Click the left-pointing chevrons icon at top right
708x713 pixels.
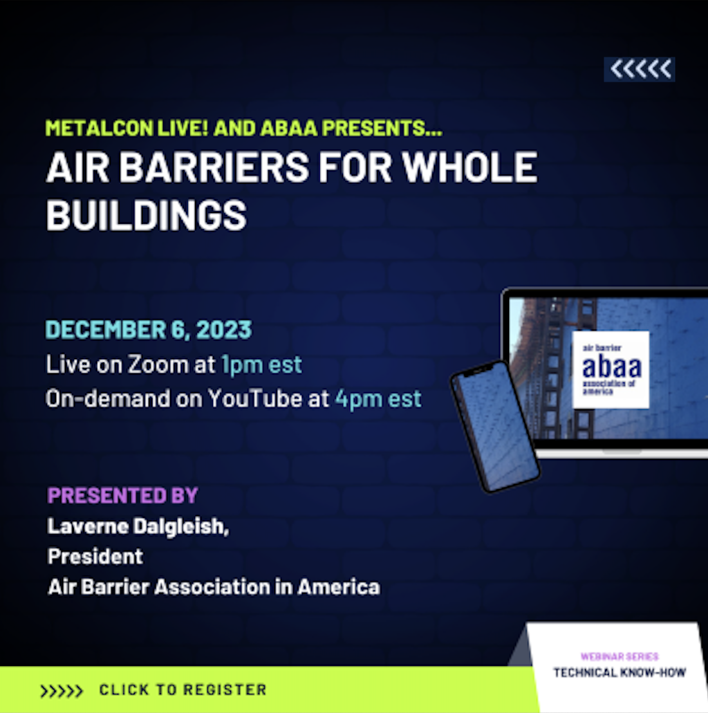(x=639, y=69)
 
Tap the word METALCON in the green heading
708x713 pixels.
(x=99, y=128)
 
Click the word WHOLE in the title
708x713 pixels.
(x=470, y=167)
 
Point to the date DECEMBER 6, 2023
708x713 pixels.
(x=149, y=329)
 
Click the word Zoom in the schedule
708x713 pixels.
(x=158, y=364)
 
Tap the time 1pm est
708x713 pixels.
(x=262, y=365)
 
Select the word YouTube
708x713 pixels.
(x=255, y=398)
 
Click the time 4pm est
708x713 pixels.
(x=378, y=399)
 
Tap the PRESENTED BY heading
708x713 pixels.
(x=123, y=495)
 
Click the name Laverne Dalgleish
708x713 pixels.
(x=138, y=526)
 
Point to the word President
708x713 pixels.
(x=95, y=557)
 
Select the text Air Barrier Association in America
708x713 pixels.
(x=214, y=587)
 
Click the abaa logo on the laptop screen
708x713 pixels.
(x=611, y=369)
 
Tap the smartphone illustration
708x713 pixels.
(x=495, y=427)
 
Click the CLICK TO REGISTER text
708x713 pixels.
(x=183, y=690)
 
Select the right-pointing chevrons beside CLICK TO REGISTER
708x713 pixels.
(x=61, y=690)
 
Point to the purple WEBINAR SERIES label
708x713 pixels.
(x=620, y=656)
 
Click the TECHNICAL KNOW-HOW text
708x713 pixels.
(x=620, y=672)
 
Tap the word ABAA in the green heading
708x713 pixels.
(x=289, y=128)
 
